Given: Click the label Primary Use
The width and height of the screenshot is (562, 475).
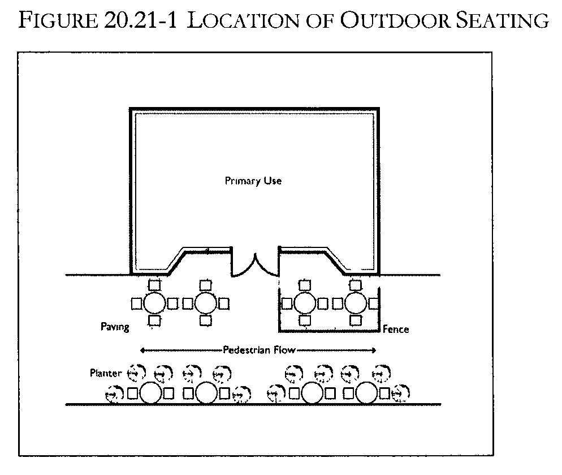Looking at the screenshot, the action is [x=253, y=181].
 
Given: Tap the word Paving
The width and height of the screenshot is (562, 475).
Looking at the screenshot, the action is [x=115, y=327].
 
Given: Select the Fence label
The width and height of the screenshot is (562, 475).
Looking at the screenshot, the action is [x=396, y=329].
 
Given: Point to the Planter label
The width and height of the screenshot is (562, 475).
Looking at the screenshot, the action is [x=106, y=373].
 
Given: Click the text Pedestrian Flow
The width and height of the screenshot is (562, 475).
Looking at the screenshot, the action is [x=259, y=349].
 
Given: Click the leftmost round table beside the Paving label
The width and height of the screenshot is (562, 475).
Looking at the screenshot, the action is [x=154, y=303].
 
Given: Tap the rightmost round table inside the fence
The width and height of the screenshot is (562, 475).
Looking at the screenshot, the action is [x=356, y=303].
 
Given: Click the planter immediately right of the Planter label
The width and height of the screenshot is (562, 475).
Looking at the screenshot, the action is [x=136, y=373].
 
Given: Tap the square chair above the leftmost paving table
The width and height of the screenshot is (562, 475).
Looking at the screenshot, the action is [x=154, y=285].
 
